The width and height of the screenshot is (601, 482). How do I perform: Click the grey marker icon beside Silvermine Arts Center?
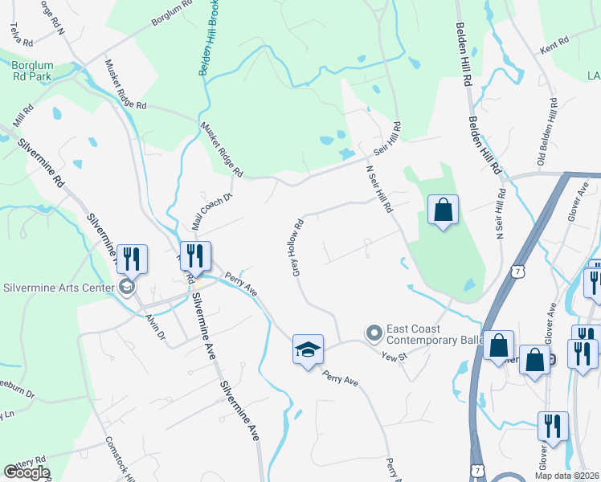point(125,287)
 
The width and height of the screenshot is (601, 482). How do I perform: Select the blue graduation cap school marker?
point(308,349)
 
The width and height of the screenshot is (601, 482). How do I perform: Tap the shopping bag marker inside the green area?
point(443,211)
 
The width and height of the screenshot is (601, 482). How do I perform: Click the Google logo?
point(27,472)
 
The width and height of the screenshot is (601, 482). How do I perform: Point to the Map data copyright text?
point(567,475)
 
